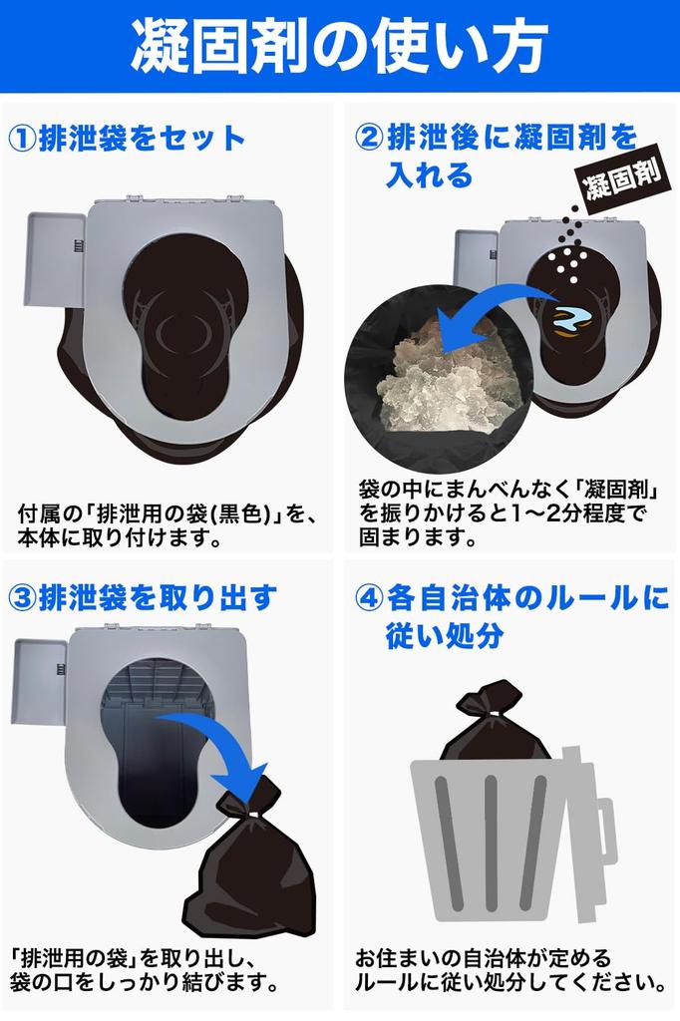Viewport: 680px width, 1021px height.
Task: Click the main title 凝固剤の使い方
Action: click(339, 45)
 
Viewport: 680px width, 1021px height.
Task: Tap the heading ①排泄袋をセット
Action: click(127, 139)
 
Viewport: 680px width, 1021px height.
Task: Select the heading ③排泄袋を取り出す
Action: click(142, 597)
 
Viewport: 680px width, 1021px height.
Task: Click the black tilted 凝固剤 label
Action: click(622, 180)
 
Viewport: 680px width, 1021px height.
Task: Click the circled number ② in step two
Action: click(368, 138)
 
